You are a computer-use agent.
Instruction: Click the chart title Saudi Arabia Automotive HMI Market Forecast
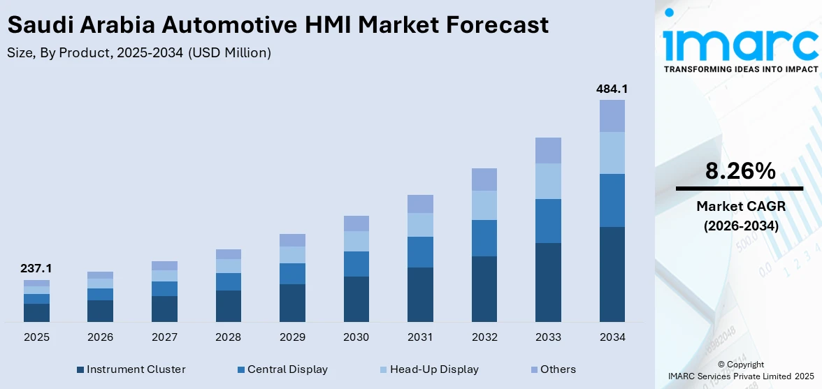(277, 25)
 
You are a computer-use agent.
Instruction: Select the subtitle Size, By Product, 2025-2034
(138, 53)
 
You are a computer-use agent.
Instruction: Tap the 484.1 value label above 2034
(612, 89)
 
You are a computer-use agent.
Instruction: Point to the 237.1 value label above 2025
(36, 269)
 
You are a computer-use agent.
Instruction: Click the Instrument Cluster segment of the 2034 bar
(612, 274)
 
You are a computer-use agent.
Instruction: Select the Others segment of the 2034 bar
(612, 116)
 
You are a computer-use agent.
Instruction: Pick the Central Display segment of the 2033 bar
(548, 221)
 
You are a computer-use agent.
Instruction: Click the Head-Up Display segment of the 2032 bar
(484, 205)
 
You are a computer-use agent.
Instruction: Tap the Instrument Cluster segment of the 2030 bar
(356, 299)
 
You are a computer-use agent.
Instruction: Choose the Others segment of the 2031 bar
(420, 204)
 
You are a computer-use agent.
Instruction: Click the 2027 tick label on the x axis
(164, 337)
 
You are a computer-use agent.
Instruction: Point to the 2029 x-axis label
(292, 337)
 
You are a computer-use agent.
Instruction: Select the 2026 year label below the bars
(101, 337)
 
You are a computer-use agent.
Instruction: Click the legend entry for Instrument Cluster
(131, 369)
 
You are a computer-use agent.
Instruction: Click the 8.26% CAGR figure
(740, 171)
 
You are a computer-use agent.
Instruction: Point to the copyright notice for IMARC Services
(740, 370)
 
